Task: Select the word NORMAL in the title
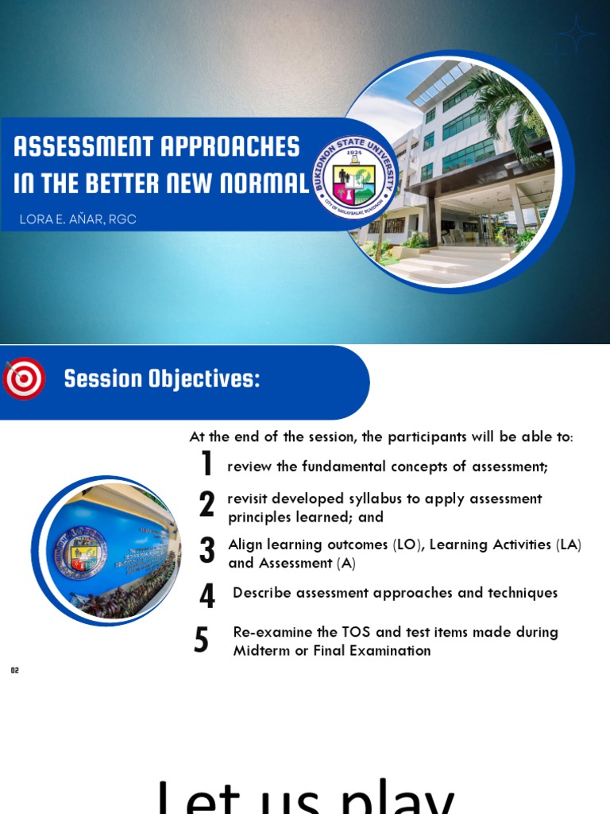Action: click(x=267, y=184)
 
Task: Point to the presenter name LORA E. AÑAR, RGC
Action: click(x=78, y=219)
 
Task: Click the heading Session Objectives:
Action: click(x=162, y=379)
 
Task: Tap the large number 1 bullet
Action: click(x=207, y=464)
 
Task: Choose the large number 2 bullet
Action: click(x=207, y=505)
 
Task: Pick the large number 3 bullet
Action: click(x=207, y=550)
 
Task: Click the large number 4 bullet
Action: click(x=207, y=596)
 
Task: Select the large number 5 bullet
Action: click(x=202, y=640)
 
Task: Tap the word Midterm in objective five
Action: click(x=262, y=650)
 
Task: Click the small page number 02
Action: click(x=14, y=671)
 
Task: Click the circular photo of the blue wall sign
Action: click(x=107, y=550)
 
